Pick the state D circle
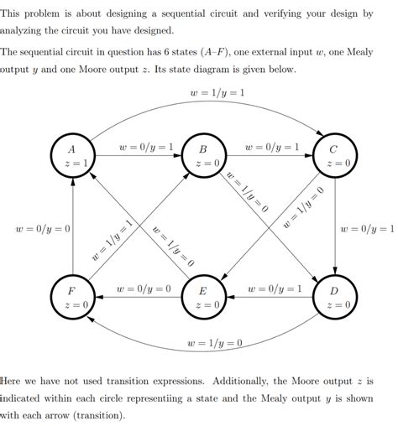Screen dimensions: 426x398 [335, 298]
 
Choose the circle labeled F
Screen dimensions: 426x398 [72, 298]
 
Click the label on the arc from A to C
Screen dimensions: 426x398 [217, 91]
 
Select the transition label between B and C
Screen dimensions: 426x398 [271, 148]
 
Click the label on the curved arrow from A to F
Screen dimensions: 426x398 [43, 228]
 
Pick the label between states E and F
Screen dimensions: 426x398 [144, 289]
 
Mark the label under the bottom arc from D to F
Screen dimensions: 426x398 [216, 344]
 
